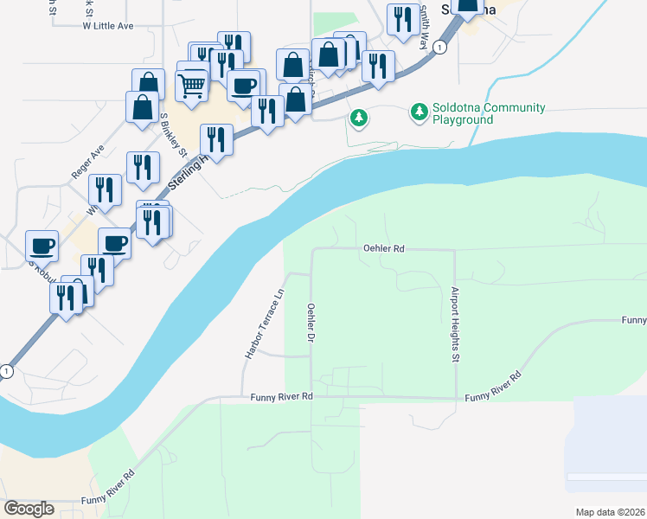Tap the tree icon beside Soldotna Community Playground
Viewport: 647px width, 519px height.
(x=420, y=112)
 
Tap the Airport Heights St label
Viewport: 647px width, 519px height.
(x=454, y=324)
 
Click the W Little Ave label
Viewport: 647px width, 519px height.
(x=108, y=26)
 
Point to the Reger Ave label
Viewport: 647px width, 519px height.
(x=88, y=162)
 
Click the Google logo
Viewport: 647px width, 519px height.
(x=29, y=509)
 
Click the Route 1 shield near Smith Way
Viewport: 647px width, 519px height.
(x=440, y=48)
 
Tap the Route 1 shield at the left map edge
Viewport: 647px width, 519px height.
(x=7, y=371)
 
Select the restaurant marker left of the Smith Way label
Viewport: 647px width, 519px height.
(x=402, y=19)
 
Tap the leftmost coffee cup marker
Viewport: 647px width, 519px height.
(x=42, y=245)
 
